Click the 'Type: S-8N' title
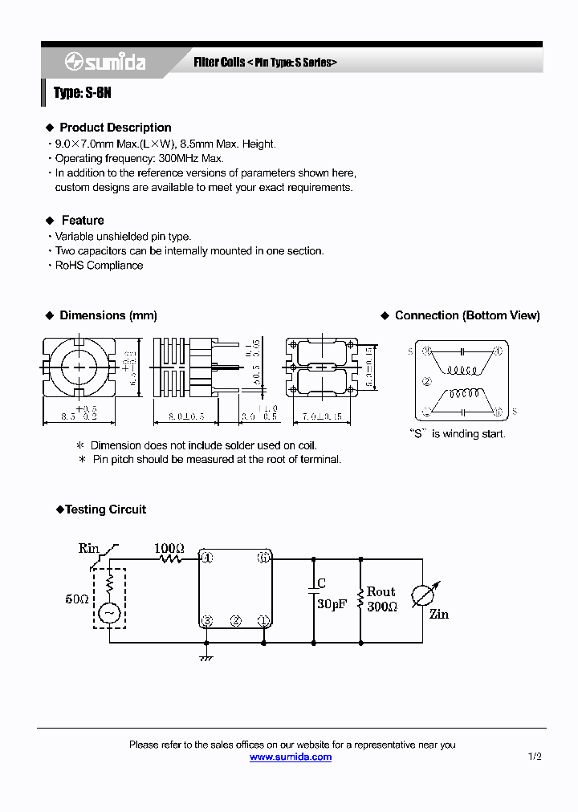[x=82, y=93]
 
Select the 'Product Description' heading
[x=115, y=128]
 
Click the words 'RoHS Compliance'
[x=99, y=266]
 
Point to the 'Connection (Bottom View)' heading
[x=466, y=316]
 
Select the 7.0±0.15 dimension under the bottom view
[x=323, y=417]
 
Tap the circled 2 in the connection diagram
[x=427, y=382]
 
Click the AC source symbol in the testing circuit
[x=108, y=614]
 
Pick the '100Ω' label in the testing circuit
[x=169, y=549]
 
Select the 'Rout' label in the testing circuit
[x=381, y=592]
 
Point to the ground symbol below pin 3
[x=206, y=657]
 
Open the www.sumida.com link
[x=290, y=757]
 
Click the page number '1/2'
[x=535, y=757]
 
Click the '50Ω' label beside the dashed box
[x=77, y=599]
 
